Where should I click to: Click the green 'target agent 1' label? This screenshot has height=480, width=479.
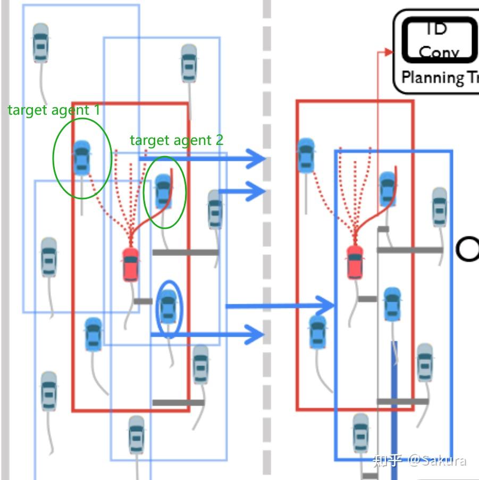[x=54, y=110]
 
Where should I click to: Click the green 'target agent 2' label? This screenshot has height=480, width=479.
[x=177, y=140]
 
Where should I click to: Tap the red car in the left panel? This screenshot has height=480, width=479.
[x=131, y=263]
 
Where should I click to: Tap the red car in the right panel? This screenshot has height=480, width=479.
[x=355, y=262]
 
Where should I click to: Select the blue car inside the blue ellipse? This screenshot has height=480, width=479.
[x=169, y=307]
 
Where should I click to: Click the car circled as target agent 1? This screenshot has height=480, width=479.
[x=81, y=157]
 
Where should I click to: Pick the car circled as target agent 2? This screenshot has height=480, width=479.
[x=163, y=191]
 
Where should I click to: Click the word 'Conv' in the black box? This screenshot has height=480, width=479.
[x=438, y=52]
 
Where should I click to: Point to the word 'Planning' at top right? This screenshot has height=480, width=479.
[x=432, y=78]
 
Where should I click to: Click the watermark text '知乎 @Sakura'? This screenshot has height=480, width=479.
[x=419, y=460]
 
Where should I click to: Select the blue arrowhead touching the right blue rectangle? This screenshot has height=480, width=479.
[x=326, y=306]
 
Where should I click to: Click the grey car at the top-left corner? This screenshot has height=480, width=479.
[x=41, y=42]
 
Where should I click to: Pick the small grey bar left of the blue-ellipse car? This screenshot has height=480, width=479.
[x=142, y=301]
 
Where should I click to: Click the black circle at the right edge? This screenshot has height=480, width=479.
[x=467, y=249]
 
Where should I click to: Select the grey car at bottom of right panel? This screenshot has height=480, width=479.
[x=360, y=433]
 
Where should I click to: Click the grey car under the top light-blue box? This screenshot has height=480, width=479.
[x=189, y=63]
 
